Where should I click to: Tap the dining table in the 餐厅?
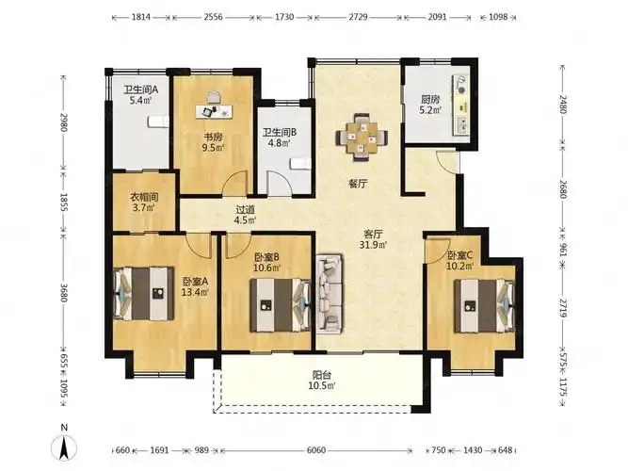[x=362, y=138]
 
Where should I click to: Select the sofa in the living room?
[x=330, y=294]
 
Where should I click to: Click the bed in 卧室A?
[x=144, y=294]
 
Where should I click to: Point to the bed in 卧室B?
[x=281, y=305]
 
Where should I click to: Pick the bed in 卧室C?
[x=484, y=306]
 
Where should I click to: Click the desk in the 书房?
[x=215, y=111]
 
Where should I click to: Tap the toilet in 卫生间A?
[x=158, y=122]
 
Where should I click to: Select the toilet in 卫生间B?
[x=300, y=164]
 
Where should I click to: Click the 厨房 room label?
[x=430, y=100]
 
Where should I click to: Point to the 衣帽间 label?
[x=144, y=198]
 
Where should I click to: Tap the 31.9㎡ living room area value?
[x=373, y=245]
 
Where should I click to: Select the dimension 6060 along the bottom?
[x=316, y=450]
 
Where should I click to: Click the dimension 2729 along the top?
[x=358, y=17]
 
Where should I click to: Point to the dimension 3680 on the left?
[x=64, y=292]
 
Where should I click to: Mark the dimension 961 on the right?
[x=562, y=249]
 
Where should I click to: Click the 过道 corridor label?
[x=245, y=210]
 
